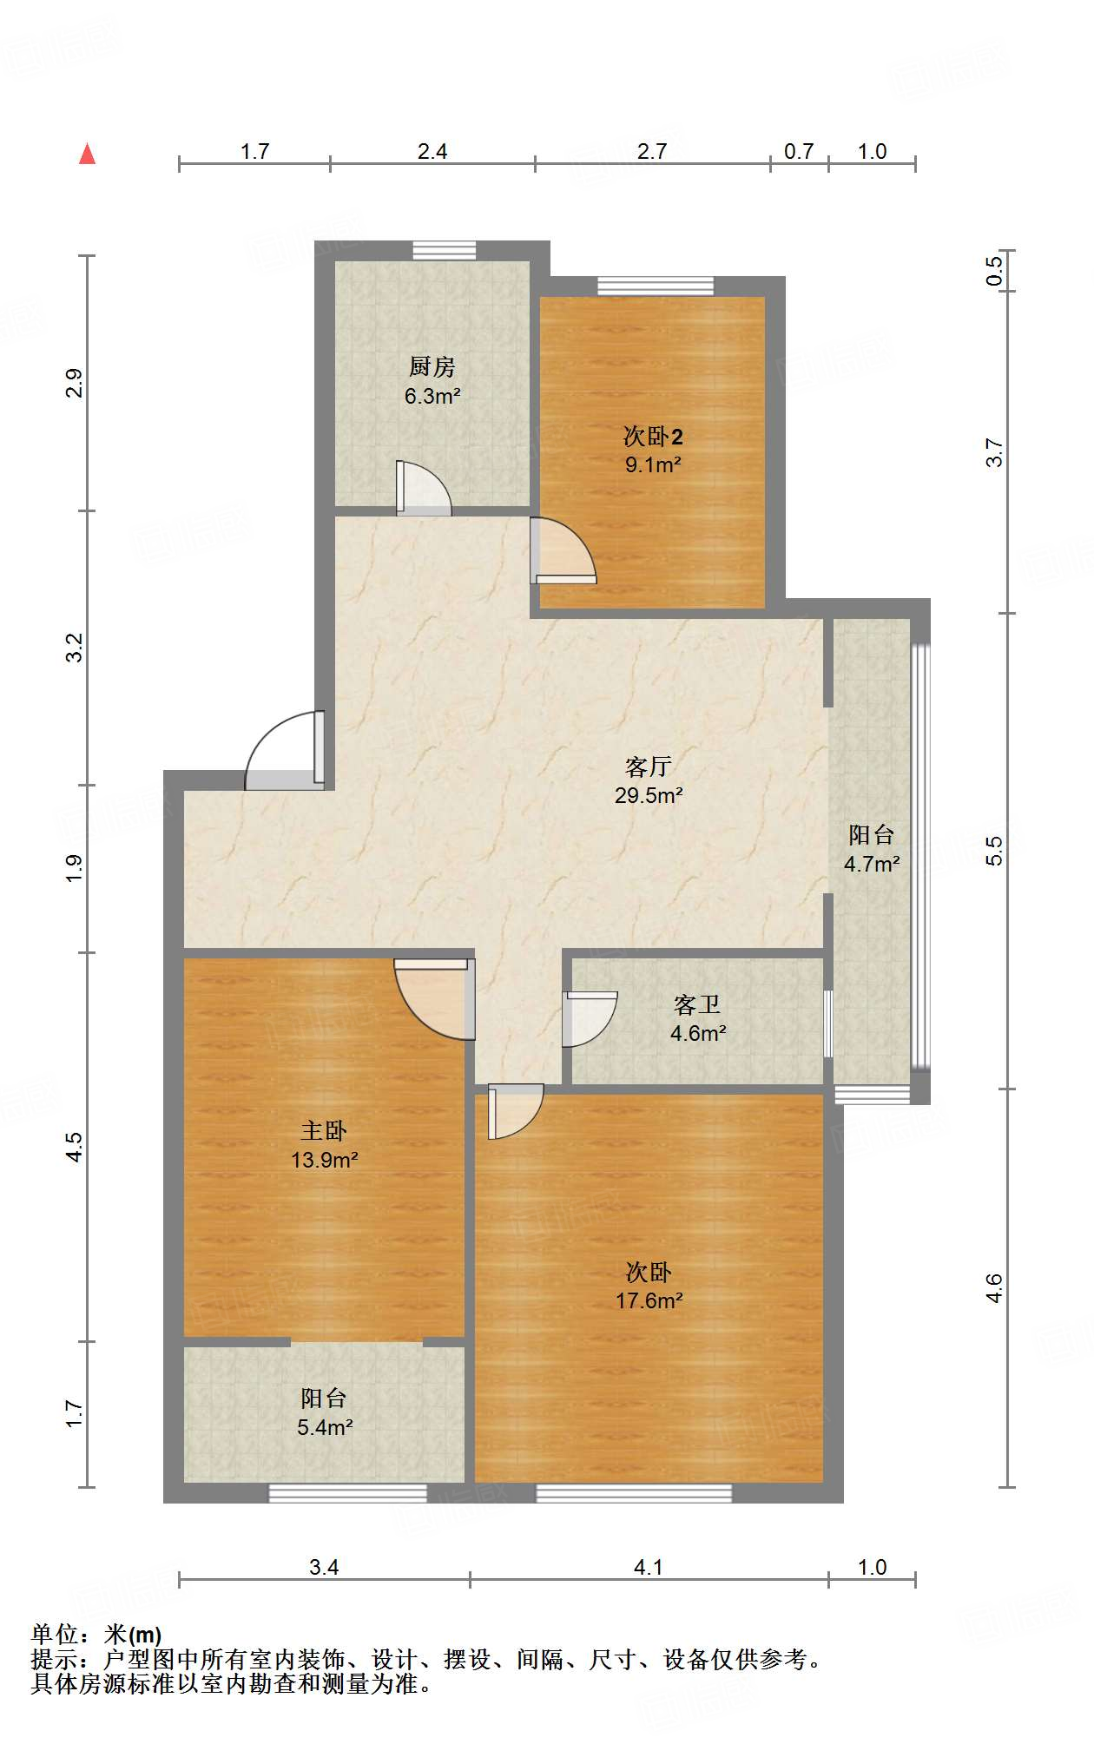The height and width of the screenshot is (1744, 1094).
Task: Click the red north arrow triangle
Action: (x=87, y=154)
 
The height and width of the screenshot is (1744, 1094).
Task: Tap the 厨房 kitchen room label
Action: (x=432, y=367)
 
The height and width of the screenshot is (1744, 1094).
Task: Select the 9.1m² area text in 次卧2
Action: (x=653, y=464)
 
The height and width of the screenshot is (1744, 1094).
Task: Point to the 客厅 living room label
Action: (x=649, y=767)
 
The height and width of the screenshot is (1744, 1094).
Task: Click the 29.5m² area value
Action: (x=649, y=795)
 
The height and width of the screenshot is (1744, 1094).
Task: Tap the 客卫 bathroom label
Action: (x=697, y=1004)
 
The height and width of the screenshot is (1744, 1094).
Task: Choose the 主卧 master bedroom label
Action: (x=324, y=1130)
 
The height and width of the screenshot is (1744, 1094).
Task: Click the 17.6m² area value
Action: (x=649, y=1300)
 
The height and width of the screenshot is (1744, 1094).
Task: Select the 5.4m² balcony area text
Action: (x=325, y=1427)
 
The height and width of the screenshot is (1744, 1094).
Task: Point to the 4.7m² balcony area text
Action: (x=872, y=864)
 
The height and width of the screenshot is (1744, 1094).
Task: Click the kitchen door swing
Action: (x=425, y=488)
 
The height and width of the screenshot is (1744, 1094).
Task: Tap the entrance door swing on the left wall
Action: (x=285, y=751)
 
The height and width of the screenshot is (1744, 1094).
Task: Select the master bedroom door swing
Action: (x=434, y=998)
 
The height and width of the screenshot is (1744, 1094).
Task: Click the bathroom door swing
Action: (x=590, y=1019)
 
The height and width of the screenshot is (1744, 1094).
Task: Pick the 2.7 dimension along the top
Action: (x=652, y=151)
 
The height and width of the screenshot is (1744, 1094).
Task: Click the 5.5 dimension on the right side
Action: (x=994, y=851)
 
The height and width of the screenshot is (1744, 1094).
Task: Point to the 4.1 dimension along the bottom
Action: (x=649, y=1567)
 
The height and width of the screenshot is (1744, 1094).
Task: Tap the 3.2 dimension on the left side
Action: (x=75, y=648)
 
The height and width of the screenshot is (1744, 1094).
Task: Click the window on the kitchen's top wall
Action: (x=444, y=250)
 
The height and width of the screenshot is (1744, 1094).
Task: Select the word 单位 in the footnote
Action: (x=55, y=1635)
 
